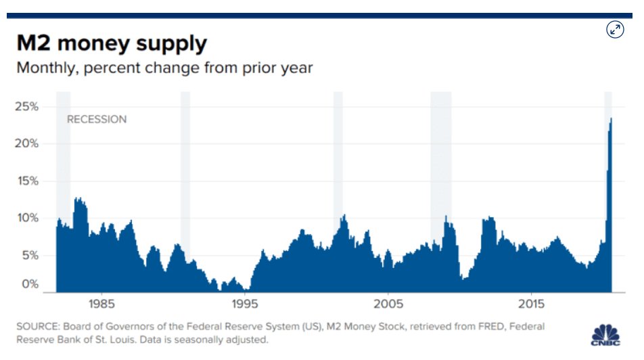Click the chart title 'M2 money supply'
coord(112,44)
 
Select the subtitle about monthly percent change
coord(164,68)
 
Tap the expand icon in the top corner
coord(614,29)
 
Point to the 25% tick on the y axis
coord(28,107)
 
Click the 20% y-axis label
coord(28,143)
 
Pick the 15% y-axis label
coord(28,181)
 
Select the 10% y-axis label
coord(28,218)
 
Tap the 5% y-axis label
coord(30,255)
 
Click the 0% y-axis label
coord(30,284)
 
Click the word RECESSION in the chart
coord(97,119)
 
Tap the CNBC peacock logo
coord(605,335)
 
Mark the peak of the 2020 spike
coord(612,118)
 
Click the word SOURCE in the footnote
coord(36,327)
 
